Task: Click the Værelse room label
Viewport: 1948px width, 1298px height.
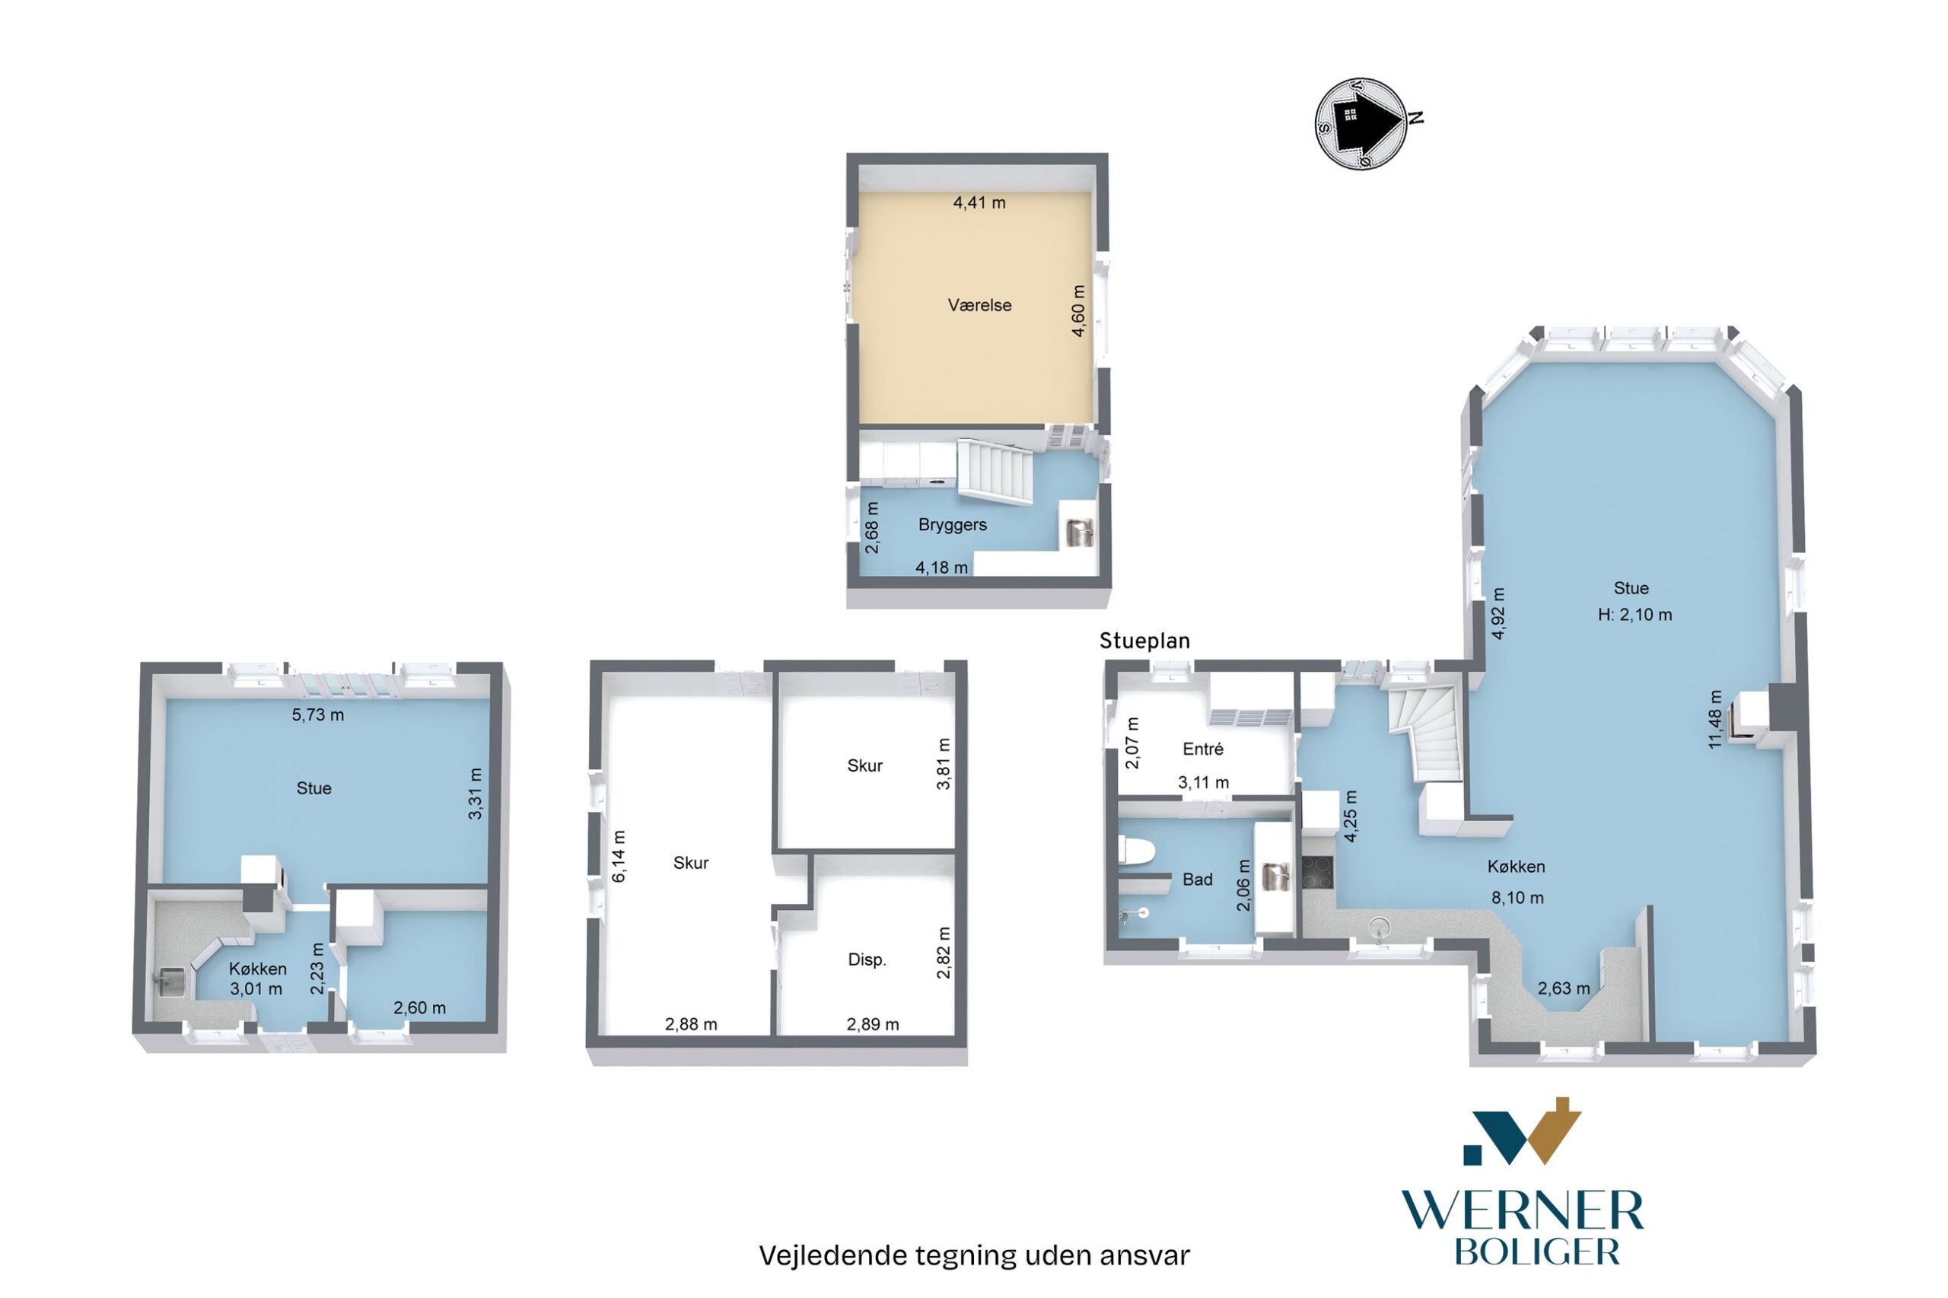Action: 979,305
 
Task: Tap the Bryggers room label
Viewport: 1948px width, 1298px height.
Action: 952,525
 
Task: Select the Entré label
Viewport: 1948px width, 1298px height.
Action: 1203,749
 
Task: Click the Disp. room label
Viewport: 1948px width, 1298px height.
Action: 867,960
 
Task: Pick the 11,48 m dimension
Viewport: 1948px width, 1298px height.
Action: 1715,719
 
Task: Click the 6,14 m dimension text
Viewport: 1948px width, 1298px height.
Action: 619,856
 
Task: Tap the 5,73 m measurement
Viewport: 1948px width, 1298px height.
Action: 317,714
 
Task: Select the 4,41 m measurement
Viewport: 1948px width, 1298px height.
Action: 979,203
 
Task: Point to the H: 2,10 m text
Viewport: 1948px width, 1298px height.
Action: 1634,615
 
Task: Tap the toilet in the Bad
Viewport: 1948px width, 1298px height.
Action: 1135,850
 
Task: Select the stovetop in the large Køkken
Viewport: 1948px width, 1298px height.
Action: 1316,873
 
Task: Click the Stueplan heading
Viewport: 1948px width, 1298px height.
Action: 1144,641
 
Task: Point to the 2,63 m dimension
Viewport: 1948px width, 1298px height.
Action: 1564,988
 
